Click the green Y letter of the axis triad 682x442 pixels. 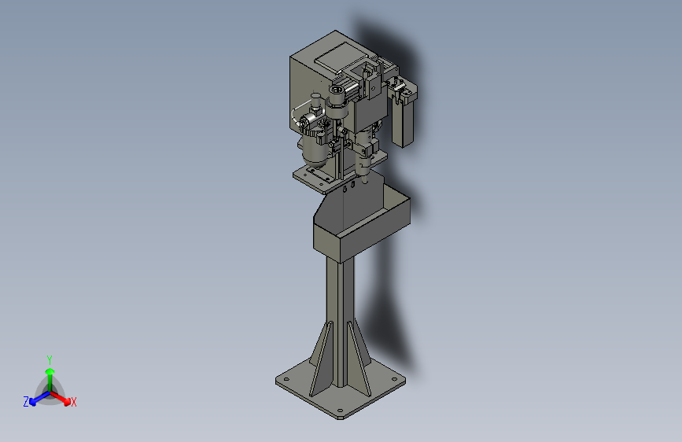(x=50, y=359)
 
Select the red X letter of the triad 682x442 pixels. (x=73, y=402)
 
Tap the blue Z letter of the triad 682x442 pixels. (x=26, y=402)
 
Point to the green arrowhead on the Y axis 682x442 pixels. (x=50, y=371)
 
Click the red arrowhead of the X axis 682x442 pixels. (x=67, y=401)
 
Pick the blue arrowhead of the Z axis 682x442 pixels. (x=32, y=402)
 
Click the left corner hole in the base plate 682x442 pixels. (x=286, y=379)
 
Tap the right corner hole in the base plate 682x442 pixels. (x=395, y=379)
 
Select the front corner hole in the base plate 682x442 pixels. (x=340, y=411)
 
